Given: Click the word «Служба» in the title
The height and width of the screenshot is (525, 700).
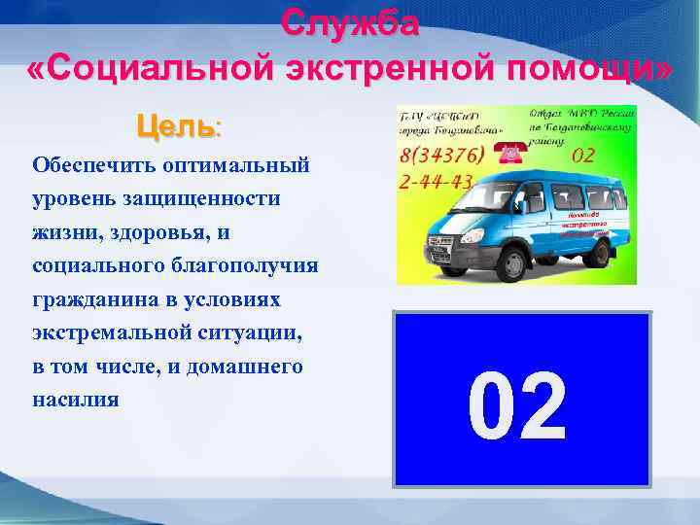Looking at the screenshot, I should click(350, 21).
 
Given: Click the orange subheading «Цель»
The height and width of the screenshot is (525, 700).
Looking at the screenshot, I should click(176, 125).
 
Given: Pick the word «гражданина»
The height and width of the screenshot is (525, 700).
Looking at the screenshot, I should click(87, 298).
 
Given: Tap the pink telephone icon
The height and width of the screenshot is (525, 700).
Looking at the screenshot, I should click(508, 153).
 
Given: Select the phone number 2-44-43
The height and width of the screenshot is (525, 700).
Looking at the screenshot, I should click(437, 181).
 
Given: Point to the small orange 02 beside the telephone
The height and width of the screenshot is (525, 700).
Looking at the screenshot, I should click(582, 155).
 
